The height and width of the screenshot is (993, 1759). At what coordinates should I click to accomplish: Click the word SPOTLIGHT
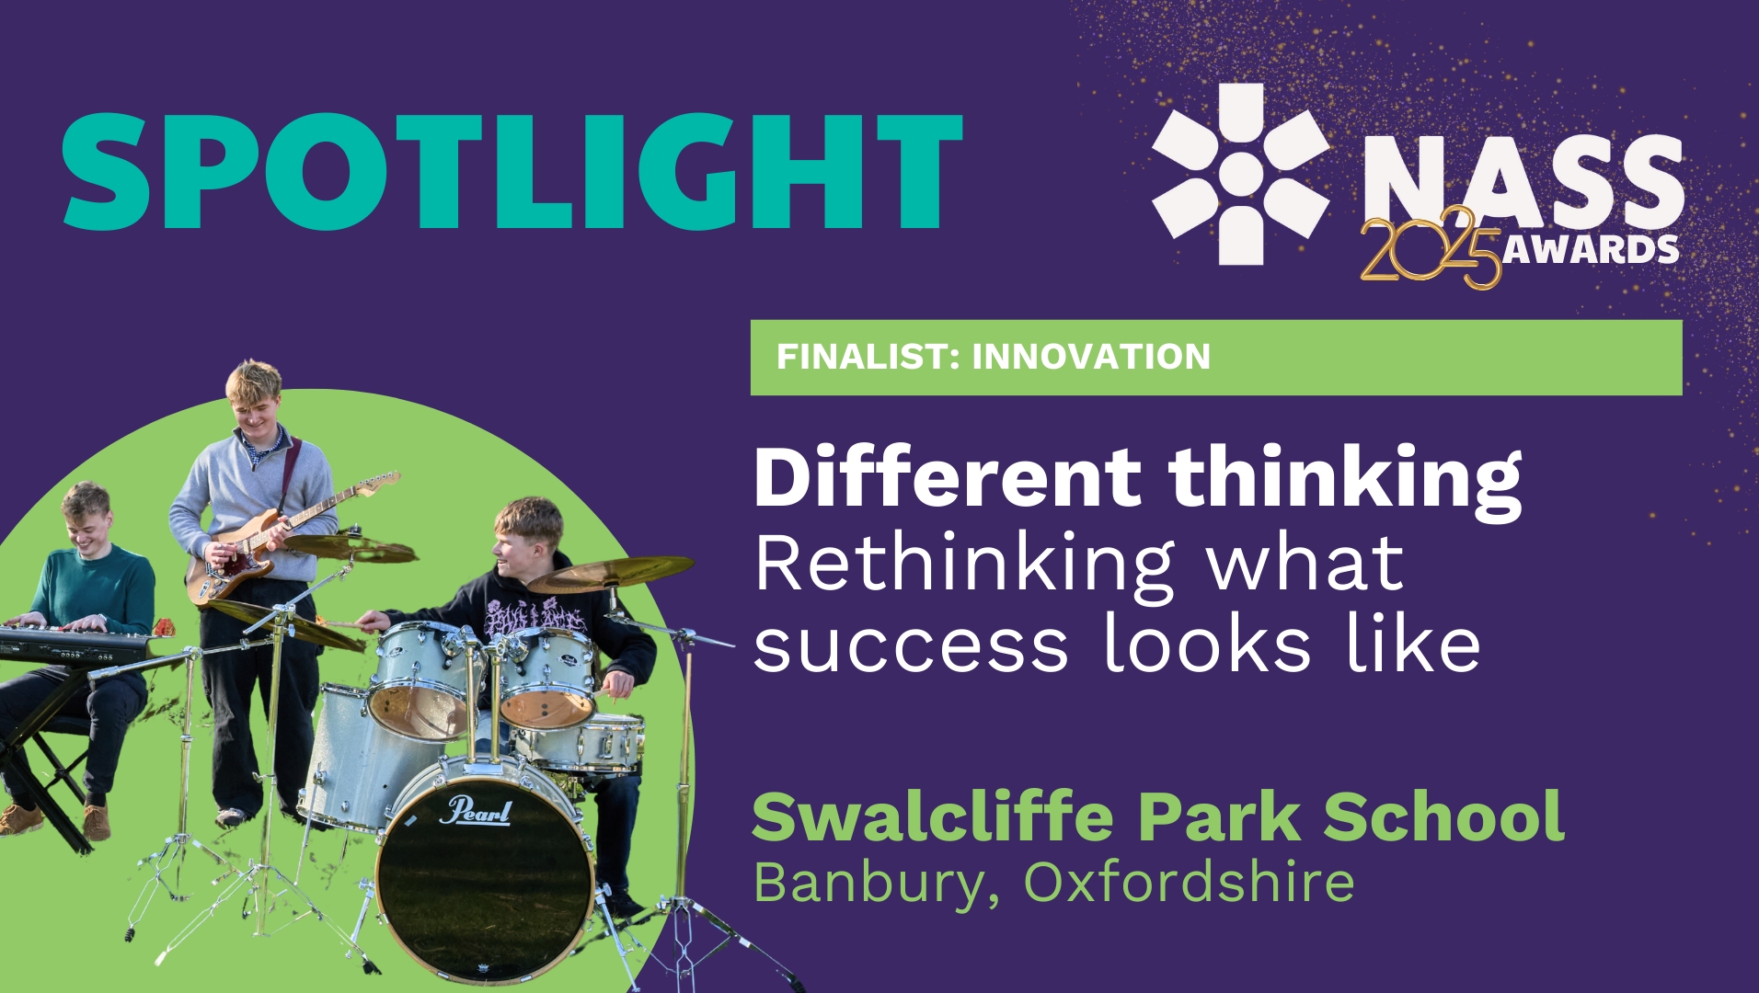tap(512, 172)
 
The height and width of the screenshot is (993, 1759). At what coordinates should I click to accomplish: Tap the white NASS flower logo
tap(1241, 175)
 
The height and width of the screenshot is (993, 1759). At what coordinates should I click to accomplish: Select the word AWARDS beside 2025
tap(1591, 249)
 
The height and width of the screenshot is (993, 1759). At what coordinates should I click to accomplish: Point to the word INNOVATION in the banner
tap(1091, 357)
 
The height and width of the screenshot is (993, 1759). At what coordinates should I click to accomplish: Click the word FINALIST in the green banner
tap(868, 357)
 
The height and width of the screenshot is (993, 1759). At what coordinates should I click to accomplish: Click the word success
tap(911, 645)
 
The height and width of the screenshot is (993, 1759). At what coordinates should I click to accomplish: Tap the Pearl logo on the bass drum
tap(477, 811)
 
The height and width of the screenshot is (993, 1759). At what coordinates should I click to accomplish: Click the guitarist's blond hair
tap(254, 381)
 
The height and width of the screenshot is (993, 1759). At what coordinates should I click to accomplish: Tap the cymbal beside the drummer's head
tap(610, 574)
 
